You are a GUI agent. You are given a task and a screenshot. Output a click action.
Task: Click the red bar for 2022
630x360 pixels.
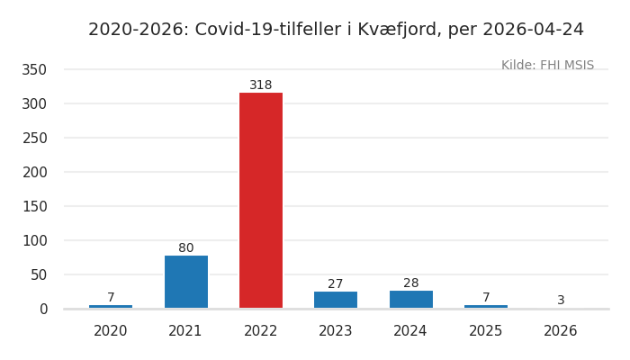click(261, 200)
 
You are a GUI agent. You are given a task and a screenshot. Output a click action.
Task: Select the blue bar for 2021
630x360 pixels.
click(185, 282)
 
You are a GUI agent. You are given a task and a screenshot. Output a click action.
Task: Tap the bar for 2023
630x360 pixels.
click(336, 300)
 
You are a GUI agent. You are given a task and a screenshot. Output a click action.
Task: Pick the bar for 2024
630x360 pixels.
click(410, 299)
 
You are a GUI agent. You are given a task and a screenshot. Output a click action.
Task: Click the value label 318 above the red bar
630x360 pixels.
click(261, 85)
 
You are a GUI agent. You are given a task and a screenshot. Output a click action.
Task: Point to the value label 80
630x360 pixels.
click(185, 248)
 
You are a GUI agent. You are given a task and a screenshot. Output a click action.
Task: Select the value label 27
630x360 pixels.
click(336, 284)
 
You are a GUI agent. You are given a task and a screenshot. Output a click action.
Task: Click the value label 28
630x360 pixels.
click(410, 283)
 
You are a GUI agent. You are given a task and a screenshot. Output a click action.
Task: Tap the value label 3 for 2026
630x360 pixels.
click(561, 301)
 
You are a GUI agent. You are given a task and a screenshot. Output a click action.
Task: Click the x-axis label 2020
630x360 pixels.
click(111, 331)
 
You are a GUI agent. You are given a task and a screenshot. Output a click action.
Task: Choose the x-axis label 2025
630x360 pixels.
click(486, 331)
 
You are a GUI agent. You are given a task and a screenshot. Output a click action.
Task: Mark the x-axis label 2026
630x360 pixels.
click(561, 331)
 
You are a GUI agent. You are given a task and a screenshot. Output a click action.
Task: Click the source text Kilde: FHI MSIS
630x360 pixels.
click(547, 66)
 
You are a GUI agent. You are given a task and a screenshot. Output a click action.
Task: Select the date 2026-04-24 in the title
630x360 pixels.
click(533, 30)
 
